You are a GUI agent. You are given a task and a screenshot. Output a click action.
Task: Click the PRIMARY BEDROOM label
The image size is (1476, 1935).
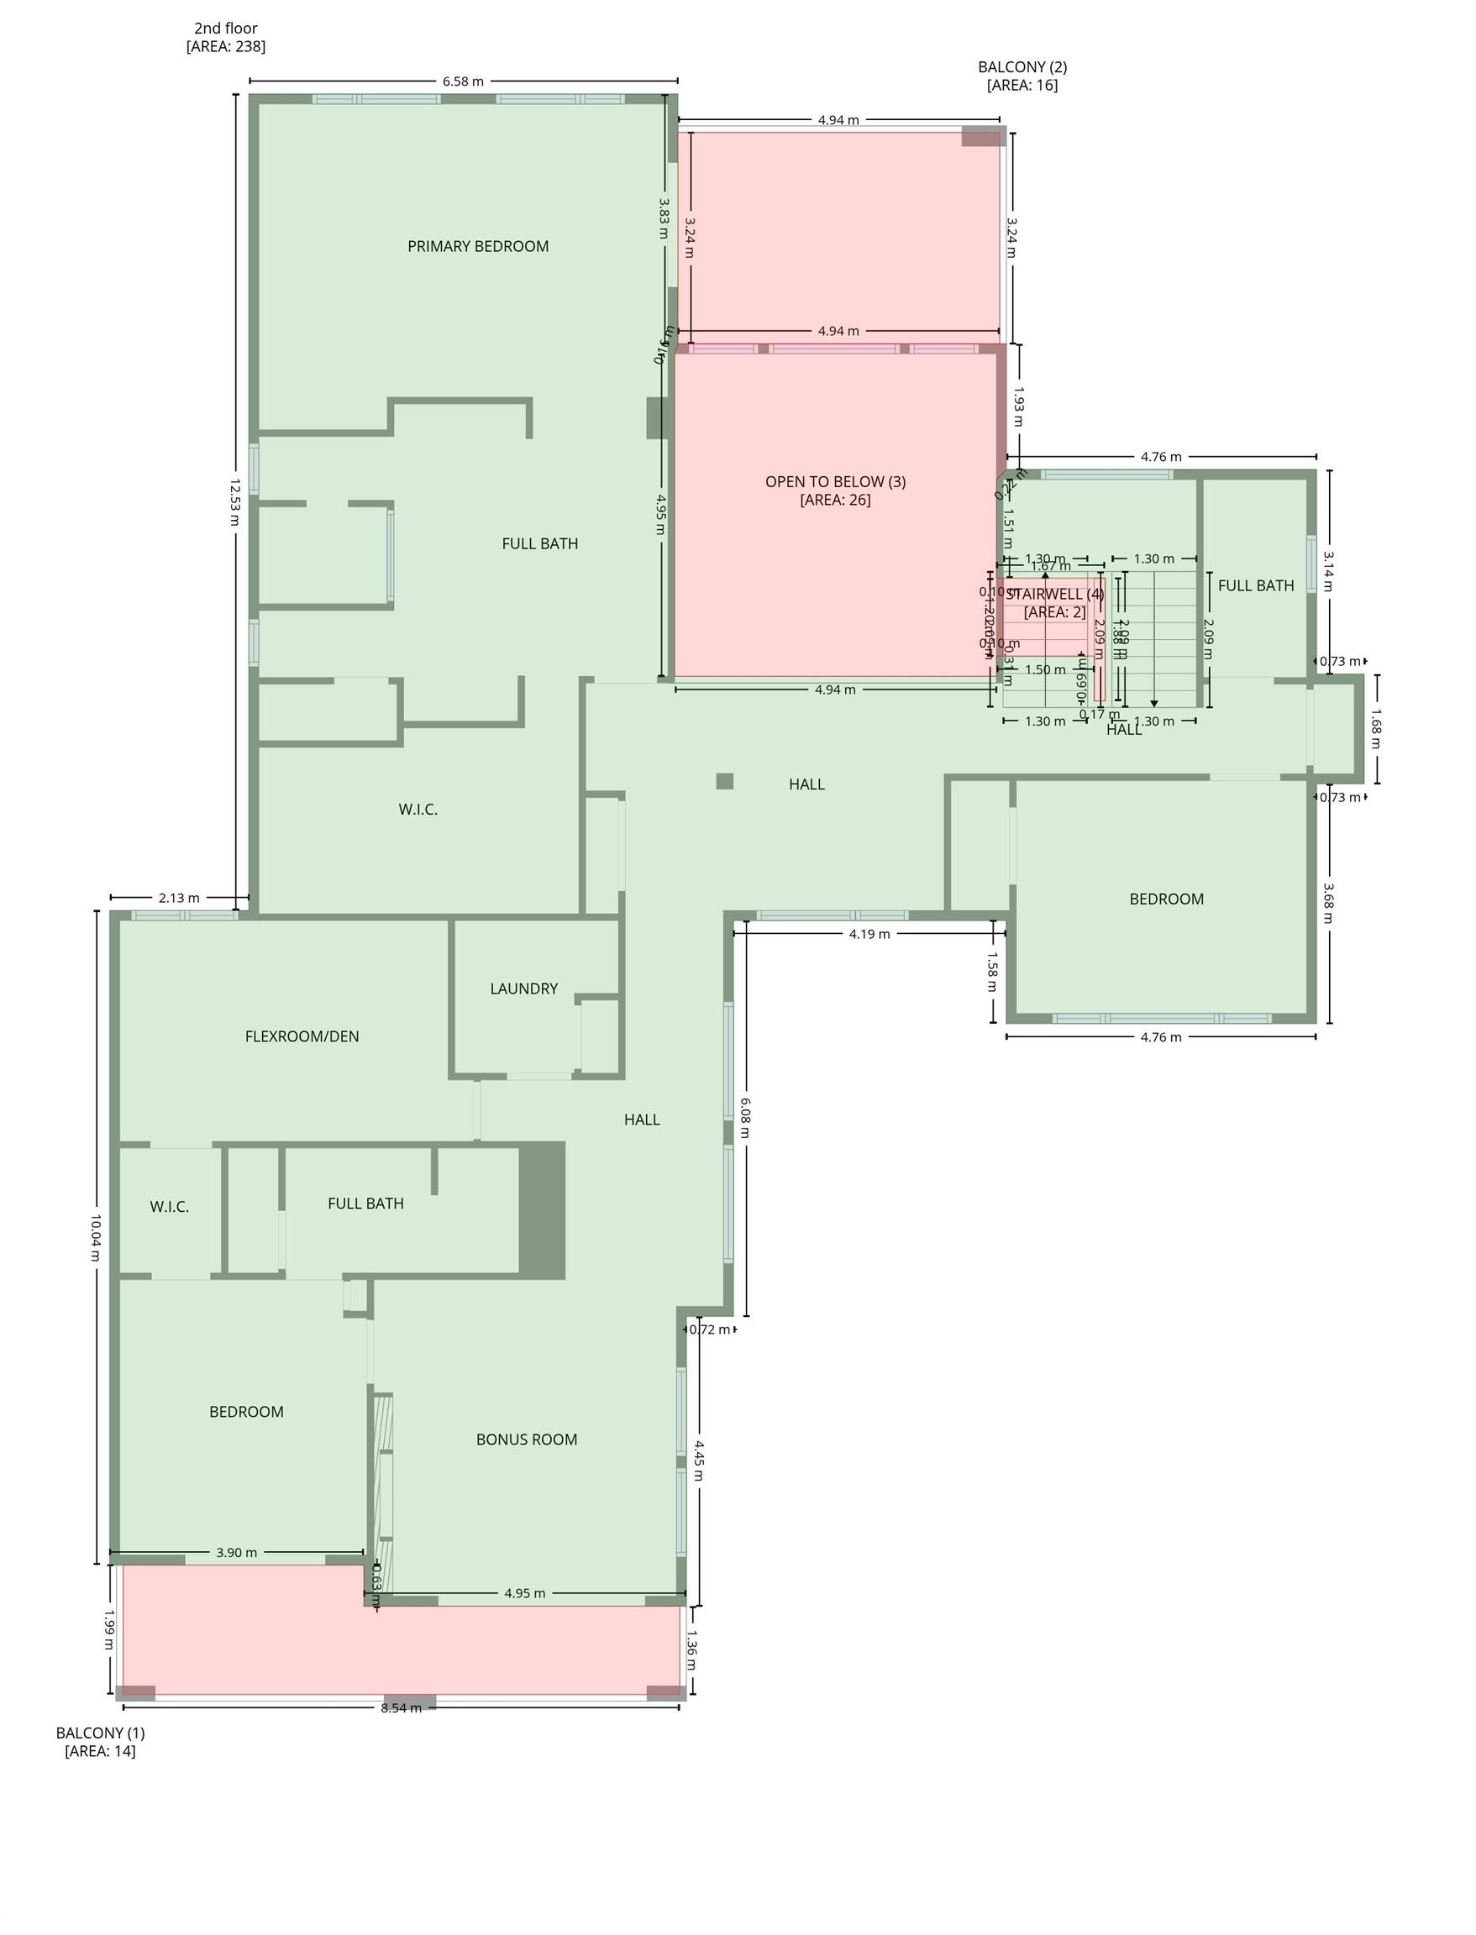tap(478, 247)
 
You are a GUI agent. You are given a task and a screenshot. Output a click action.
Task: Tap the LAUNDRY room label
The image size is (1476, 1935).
tap(523, 989)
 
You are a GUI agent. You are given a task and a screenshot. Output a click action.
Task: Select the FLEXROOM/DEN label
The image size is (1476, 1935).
tap(302, 1036)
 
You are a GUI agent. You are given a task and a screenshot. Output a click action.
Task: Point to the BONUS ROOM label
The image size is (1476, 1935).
tap(526, 1439)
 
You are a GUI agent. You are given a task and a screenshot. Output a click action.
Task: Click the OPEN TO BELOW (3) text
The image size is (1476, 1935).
tap(835, 481)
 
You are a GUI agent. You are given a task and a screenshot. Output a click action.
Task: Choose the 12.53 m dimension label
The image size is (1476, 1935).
tap(234, 501)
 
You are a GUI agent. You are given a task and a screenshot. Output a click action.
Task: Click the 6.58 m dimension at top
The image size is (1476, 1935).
tap(463, 81)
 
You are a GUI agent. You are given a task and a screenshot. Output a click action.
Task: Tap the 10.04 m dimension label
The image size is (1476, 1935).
tap(96, 1238)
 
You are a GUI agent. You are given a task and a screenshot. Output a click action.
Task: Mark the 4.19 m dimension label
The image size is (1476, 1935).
tap(869, 934)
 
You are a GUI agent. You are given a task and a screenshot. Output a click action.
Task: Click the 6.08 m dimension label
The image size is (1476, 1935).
tap(745, 1117)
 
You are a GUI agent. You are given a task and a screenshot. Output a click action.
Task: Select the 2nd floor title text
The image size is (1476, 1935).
tap(226, 28)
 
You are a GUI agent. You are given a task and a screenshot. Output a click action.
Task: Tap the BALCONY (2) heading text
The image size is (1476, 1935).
tap(1022, 66)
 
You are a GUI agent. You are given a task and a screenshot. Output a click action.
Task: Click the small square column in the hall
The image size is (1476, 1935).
tap(725, 782)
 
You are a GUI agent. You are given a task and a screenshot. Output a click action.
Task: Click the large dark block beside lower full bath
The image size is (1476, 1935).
tap(542, 1210)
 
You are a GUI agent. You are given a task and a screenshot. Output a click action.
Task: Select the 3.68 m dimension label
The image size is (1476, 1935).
tap(1328, 903)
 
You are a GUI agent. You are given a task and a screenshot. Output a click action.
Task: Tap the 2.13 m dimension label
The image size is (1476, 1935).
tap(179, 898)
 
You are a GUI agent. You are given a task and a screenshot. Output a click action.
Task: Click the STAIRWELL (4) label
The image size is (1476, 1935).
tap(1054, 594)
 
